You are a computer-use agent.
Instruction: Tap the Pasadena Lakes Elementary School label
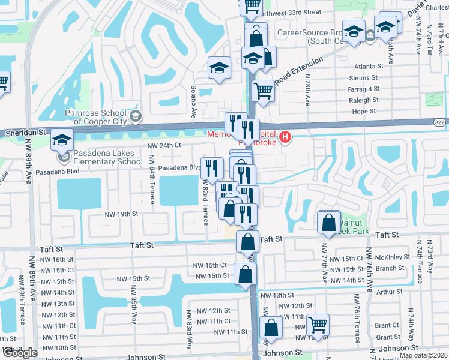click(104, 158)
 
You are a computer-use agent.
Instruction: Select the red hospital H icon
click(286, 137)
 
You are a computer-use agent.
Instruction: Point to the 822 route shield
click(441, 122)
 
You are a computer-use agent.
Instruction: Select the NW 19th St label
click(121, 214)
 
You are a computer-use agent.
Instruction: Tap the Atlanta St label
click(368, 67)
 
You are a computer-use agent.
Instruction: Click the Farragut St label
click(363, 89)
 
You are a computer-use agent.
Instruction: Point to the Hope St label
click(364, 111)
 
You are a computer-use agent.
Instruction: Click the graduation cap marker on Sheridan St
click(61, 140)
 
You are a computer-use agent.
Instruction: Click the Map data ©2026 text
click(423, 355)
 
